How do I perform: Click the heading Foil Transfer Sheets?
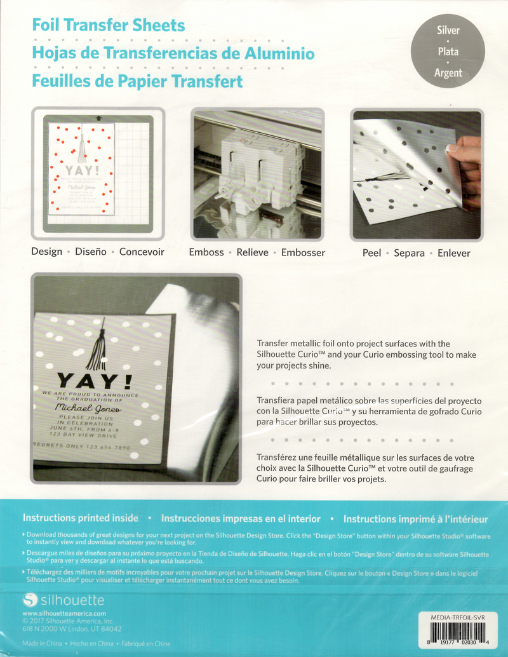point(109,26)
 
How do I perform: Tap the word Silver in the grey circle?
point(448,30)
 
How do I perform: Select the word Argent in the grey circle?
point(448,72)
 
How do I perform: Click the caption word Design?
point(47,252)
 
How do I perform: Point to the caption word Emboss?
point(206,252)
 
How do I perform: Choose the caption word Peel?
point(371,253)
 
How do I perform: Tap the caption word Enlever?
point(454,253)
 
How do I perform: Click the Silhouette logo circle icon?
point(30,600)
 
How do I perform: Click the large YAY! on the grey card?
point(95,381)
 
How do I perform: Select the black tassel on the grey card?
point(98,347)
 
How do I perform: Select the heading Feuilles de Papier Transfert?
point(137,81)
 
